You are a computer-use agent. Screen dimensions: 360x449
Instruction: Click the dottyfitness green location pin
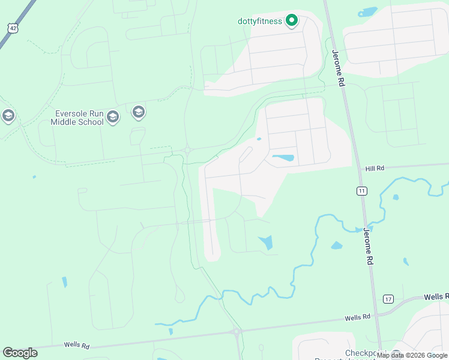(292, 20)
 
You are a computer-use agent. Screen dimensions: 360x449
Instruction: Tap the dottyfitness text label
(259, 21)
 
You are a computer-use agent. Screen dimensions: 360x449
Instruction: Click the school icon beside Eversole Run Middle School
(139, 112)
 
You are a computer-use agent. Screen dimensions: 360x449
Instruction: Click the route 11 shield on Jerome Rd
(361, 191)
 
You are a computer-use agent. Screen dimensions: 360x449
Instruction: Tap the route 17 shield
(388, 299)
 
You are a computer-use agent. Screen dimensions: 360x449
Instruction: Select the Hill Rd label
(375, 169)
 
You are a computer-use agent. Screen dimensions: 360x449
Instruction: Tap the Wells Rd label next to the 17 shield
(436, 296)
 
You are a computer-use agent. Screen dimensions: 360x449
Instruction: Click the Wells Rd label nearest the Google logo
(77, 346)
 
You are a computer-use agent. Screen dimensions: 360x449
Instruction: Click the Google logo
(20, 353)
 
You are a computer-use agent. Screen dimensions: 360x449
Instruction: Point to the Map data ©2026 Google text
(412, 355)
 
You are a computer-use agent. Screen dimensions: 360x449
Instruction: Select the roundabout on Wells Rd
(237, 331)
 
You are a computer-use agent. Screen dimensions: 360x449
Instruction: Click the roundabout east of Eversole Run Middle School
(187, 151)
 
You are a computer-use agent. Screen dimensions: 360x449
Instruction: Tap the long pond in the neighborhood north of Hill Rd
(283, 158)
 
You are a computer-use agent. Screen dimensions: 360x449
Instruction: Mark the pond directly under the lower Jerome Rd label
(337, 245)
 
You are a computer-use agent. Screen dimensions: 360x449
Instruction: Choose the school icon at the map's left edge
(8, 115)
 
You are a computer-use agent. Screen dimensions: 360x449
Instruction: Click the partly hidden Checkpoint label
(364, 353)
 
